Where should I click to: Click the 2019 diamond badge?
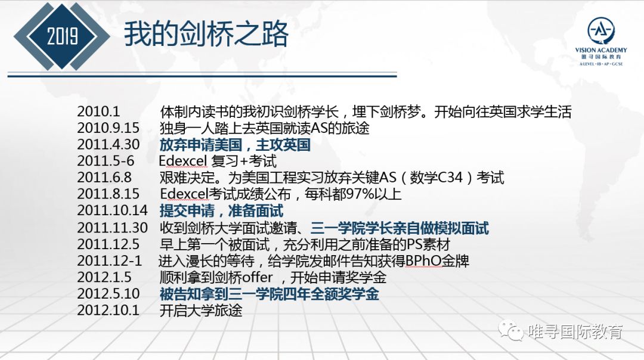tap(62, 36)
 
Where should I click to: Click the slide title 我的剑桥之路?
tap(206, 34)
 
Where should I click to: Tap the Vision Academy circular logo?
tap(601, 30)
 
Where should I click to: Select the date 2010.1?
tap(98, 111)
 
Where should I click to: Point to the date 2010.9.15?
tap(109, 128)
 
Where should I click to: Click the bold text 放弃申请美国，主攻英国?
tap(235, 144)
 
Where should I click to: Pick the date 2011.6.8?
tap(104, 177)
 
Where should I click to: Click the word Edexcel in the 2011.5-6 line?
tap(183, 160)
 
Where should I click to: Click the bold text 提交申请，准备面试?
tap(221, 210)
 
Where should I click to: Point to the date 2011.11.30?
tap(112, 228)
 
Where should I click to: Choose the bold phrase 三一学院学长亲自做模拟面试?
tap(400, 228)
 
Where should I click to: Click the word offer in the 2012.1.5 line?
tap(257, 277)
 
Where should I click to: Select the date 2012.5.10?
tap(109, 293)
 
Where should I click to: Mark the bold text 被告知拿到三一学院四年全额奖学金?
tap(269, 294)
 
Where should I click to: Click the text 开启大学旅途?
tap(201, 311)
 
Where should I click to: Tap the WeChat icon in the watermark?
tap(510, 330)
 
